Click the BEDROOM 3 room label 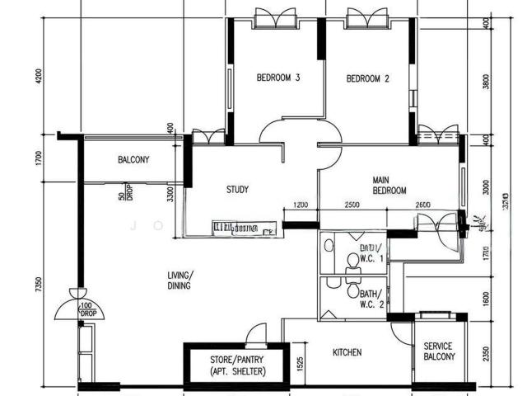click(x=277, y=78)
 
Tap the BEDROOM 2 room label click(x=367, y=79)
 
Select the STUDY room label click(x=237, y=190)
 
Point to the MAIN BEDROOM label click(x=389, y=185)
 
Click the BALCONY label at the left click(x=133, y=160)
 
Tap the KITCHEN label click(x=347, y=353)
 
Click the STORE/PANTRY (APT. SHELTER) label click(x=231, y=365)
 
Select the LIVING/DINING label click(x=179, y=280)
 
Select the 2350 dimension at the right click(x=486, y=352)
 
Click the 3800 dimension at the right click(x=486, y=81)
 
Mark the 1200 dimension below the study click(x=301, y=205)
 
